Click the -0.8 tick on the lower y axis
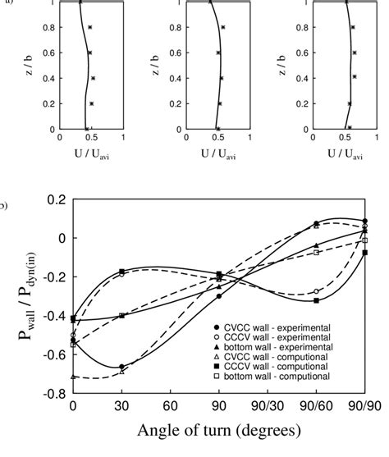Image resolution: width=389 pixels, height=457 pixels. [x=54, y=394]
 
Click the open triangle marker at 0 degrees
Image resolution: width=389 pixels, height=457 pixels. [x=74, y=377]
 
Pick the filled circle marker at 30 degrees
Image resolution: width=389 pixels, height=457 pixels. [x=121, y=367]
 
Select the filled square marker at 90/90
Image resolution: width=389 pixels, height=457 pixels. [x=364, y=253]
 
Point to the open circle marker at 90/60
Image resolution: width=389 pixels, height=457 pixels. [x=316, y=291]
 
